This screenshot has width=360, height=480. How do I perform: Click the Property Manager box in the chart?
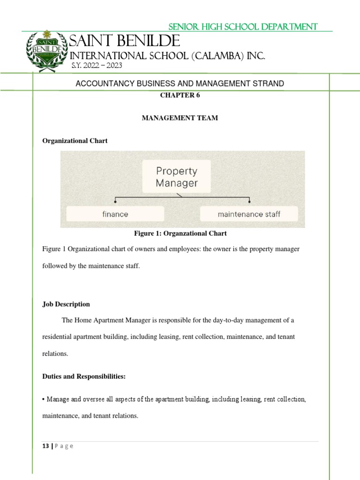(x=177, y=177)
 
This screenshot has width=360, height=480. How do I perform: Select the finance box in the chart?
(x=115, y=214)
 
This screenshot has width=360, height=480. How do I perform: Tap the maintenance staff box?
(x=249, y=214)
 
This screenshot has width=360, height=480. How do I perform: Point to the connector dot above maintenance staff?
(x=249, y=202)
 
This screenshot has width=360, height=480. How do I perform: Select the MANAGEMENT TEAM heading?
(x=180, y=118)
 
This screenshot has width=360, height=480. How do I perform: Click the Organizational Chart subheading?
(x=75, y=141)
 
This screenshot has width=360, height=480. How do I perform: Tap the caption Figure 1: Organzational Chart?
(x=180, y=233)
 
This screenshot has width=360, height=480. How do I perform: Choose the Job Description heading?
(x=66, y=304)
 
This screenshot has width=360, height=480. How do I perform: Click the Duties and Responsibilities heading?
(x=84, y=376)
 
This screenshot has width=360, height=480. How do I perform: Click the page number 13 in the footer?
(x=45, y=446)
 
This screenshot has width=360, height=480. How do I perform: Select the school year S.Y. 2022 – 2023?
(x=97, y=66)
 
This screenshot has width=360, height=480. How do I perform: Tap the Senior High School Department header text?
(x=243, y=27)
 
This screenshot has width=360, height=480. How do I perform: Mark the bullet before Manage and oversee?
(x=43, y=399)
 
